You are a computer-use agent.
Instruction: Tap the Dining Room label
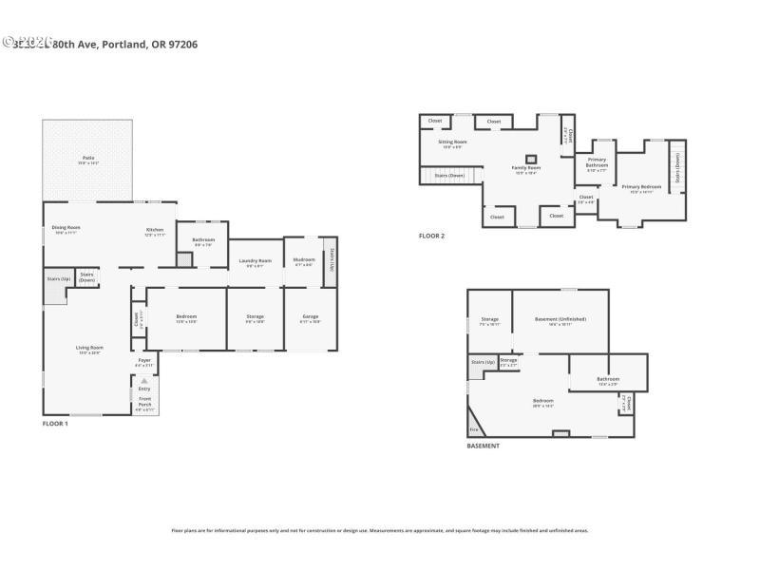point(66,228)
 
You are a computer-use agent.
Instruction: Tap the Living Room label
point(89,348)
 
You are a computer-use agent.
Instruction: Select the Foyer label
point(144,361)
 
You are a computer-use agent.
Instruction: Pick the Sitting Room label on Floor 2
point(452,142)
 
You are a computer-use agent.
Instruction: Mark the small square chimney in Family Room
point(531,158)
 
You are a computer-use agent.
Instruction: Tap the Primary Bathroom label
point(597,162)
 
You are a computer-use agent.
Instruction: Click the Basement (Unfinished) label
point(560,319)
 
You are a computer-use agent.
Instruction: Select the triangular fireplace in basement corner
point(472,424)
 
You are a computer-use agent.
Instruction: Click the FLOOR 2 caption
point(431,236)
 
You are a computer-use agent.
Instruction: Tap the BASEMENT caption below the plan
point(483,446)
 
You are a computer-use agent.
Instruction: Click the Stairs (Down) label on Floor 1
point(86,277)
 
